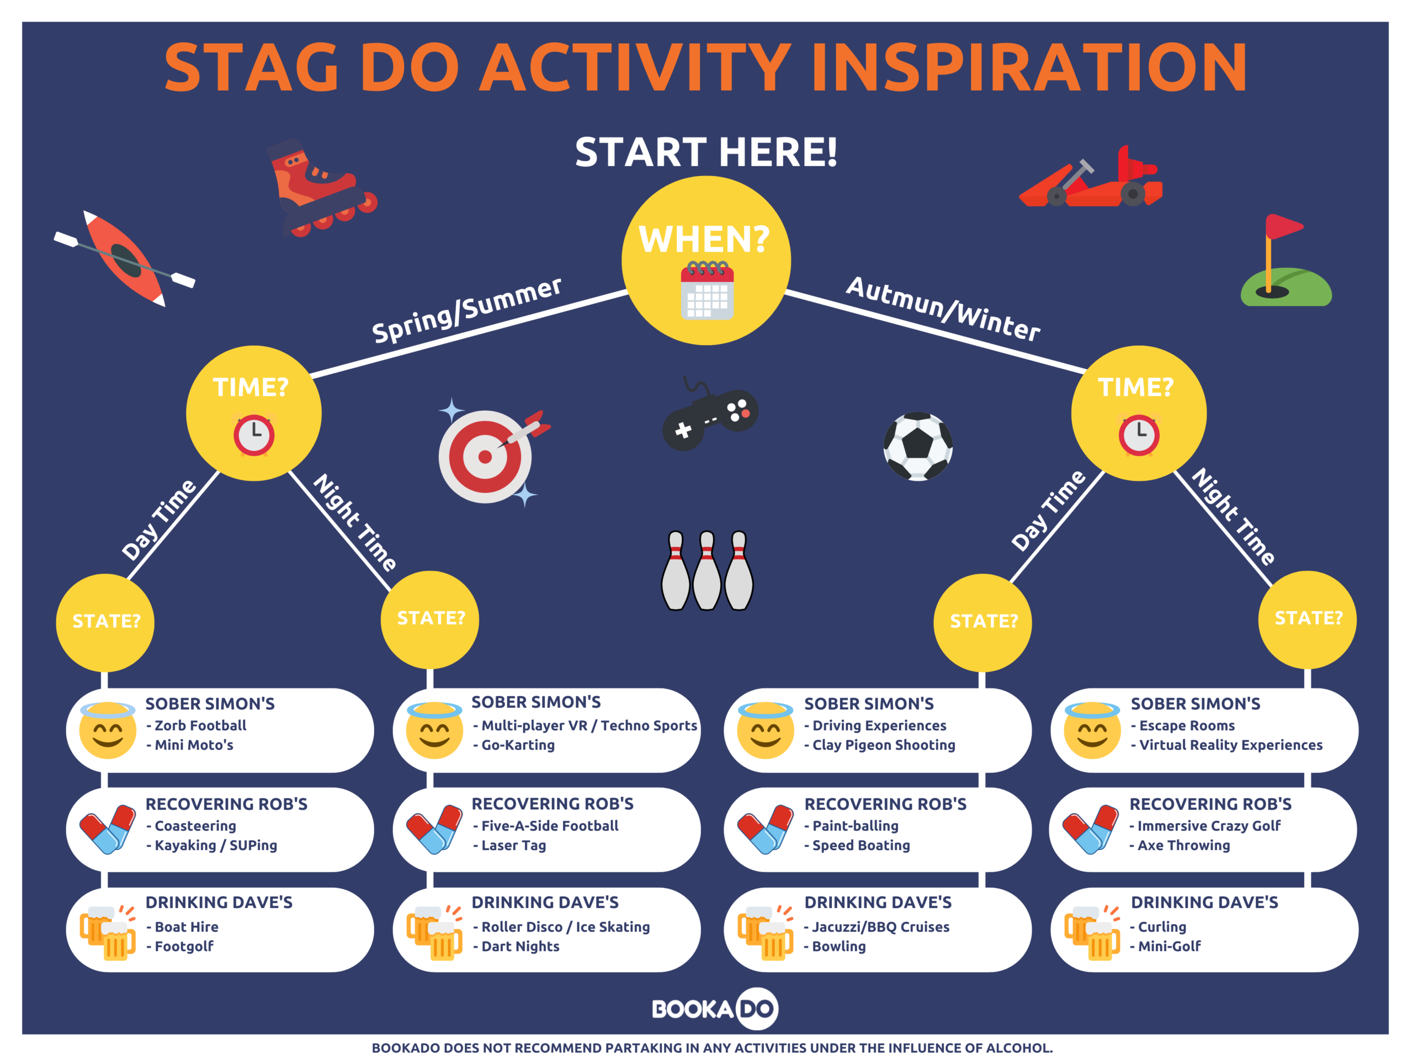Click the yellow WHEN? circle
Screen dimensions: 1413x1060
click(x=706, y=261)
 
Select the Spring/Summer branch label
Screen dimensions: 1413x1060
click(x=467, y=310)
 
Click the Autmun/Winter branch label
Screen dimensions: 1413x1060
click(x=943, y=309)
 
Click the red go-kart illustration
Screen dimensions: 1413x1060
click(x=1091, y=177)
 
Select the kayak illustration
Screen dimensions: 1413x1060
click(x=125, y=259)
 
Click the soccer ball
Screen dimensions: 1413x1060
click(x=918, y=446)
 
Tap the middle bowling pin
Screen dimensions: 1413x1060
click(x=707, y=570)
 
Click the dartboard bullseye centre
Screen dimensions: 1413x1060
click(x=485, y=457)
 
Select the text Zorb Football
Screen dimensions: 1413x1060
click(x=200, y=725)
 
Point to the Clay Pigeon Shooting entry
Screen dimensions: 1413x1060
click(x=884, y=745)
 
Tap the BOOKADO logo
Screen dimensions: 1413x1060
click(x=715, y=1009)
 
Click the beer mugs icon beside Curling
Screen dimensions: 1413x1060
click(x=1092, y=932)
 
